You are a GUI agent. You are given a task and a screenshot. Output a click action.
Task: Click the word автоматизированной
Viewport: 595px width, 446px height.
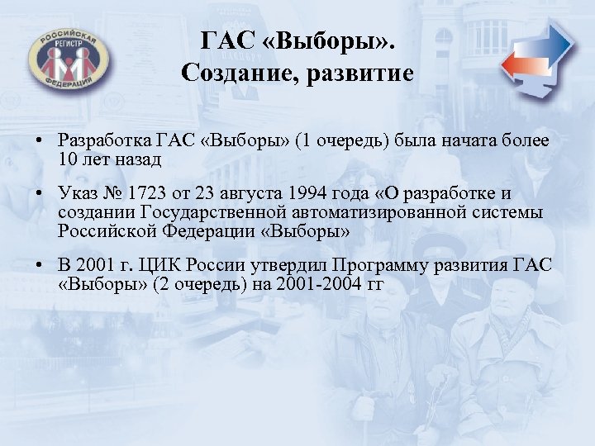tap(383, 213)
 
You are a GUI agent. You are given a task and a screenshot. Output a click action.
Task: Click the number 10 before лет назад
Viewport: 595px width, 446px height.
tap(68, 159)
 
